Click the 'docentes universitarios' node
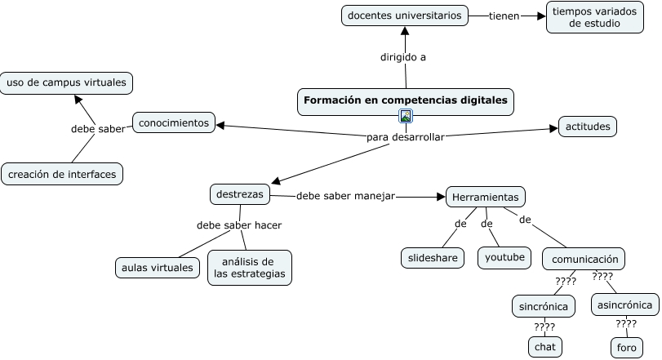tap(404, 16)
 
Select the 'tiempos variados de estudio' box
tap(594, 17)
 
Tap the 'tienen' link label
tap(504, 16)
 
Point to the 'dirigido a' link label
tap(402, 57)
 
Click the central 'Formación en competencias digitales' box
tap(406, 102)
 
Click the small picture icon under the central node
tap(406, 116)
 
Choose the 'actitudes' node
tap(587, 127)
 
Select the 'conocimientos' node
tap(174, 122)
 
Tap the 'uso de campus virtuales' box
tap(66, 82)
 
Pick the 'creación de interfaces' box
tap(62, 175)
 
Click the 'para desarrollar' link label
tap(406, 137)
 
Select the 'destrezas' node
tap(240, 194)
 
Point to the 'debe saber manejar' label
tap(345, 196)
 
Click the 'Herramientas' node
tap(486, 197)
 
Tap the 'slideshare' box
tap(433, 258)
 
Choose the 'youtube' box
tap(504, 257)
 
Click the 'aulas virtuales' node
tap(158, 268)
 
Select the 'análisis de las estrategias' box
tap(250, 268)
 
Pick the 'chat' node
tap(545, 347)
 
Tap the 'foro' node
tap(627, 348)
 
